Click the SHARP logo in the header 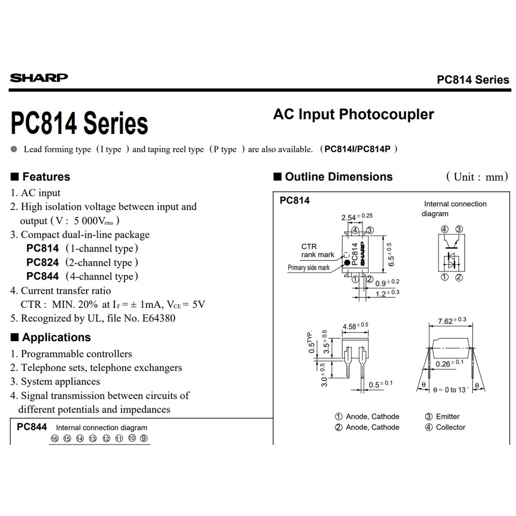pos(39,78)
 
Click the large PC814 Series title pos(79,123)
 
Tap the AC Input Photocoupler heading pos(353,114)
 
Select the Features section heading pos(40,177)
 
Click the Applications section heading pos(50,338)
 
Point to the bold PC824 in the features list pos(43,263)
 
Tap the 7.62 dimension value pos(445,321)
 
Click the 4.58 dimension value pos(349,327)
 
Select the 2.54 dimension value pos(349,218)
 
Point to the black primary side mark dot pos(347,263)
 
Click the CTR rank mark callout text pos(317,250)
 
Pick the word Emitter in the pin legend pos(447,417)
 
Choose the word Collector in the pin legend pos(450,427)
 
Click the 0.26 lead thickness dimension pos(443,364)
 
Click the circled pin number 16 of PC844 pos(54,438)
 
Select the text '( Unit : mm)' pos(477,177)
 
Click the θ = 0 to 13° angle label pos(450,390)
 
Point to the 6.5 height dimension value pos(391,257)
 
